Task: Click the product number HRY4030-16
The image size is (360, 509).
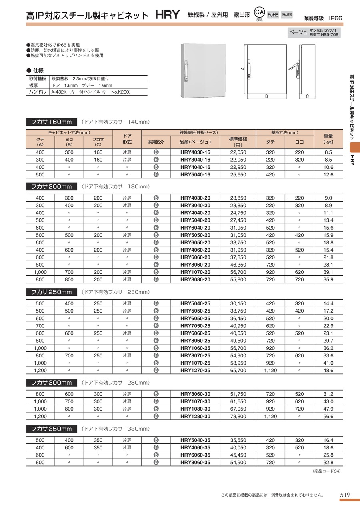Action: pyautogui.click(x=195, y=152)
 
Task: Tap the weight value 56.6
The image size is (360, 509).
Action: pyautogui.click(x=328, y=416)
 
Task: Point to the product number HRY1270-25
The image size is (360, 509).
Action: pyautogui.click(x=195, y=371)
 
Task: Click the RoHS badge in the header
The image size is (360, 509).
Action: pyautogui.click(x=273, y=14)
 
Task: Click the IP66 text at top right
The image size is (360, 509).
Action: pyautogui.click(x=336, y=18)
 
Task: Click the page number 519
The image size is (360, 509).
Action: pyautogui.click(x=345, y=495)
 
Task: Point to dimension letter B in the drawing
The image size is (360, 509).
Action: pyautogui.click(x=266, y=96)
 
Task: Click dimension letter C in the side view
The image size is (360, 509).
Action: pyautogui.click(x=307, y=96)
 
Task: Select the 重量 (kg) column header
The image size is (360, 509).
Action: pyautogui.click(x=328, y=139)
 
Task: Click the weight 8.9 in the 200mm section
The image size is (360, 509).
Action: pyautogui.click(x=328, y=205)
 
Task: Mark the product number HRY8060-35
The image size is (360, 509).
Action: pyautogui.click(x=195, y=463)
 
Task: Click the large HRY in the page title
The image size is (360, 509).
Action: pyautogui.click(x=167, y=15)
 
